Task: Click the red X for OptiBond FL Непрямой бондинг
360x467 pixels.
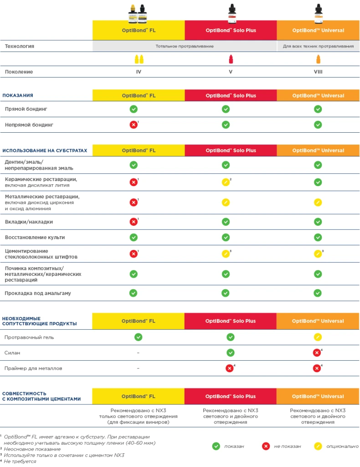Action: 133,125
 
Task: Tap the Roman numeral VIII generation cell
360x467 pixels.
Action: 318,72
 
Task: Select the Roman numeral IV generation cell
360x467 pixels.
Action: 138,72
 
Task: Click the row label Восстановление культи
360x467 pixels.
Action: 35,237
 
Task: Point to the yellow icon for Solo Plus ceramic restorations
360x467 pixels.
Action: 225,182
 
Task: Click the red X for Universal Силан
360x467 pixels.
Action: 317,353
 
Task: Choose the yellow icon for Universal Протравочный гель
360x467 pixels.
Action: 318,337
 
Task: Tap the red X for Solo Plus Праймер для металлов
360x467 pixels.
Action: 230,368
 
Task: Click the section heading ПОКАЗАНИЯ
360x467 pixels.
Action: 18,95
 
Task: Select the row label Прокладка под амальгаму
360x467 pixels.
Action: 38,293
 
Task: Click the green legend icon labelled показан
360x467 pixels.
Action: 216,446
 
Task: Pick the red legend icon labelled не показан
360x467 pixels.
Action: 266,446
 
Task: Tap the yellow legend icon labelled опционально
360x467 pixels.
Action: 318,446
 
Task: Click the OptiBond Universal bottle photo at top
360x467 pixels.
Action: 318,13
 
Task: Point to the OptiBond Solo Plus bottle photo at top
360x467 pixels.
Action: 231,13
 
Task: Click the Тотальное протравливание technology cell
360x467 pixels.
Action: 185,46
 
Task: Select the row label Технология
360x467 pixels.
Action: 20,46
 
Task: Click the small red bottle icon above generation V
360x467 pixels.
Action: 231,59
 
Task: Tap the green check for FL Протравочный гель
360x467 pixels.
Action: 138,337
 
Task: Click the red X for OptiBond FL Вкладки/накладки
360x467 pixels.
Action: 133,222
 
